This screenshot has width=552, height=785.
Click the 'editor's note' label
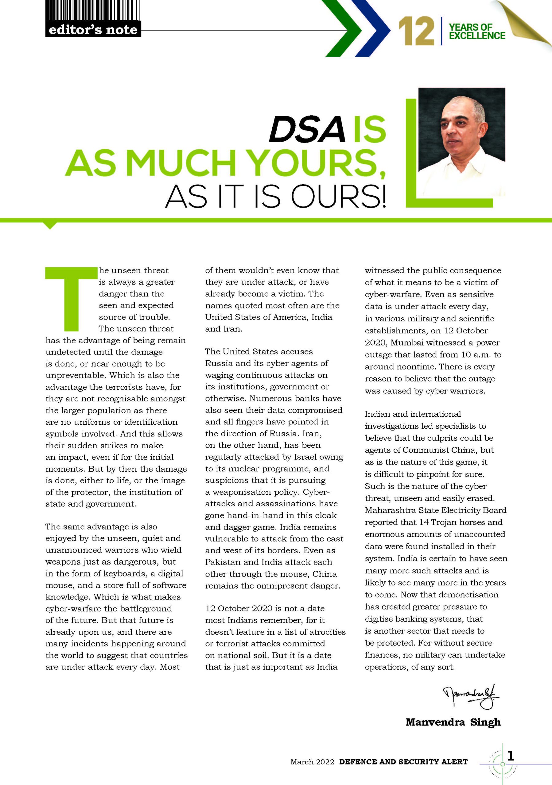tap(93, 30)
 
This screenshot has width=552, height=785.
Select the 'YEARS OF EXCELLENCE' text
tap(476, 32)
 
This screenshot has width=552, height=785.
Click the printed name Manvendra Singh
tap(453, 722)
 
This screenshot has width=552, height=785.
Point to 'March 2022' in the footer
tap(312, 762)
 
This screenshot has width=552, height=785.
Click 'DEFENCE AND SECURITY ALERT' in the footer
tap(403, 762)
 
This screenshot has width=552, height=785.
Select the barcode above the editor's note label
tap(92, 11)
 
